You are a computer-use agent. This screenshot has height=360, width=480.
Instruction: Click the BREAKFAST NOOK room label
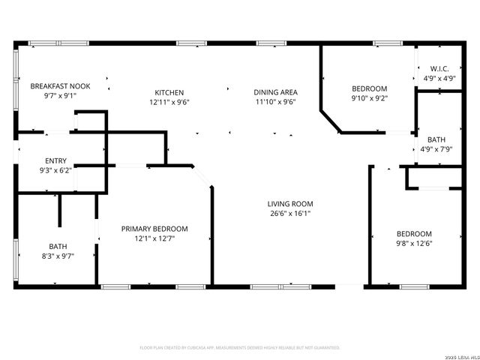(60, 87)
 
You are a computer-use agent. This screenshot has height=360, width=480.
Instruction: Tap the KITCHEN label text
(169, 92)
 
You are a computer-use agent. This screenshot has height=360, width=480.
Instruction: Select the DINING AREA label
(275, 92)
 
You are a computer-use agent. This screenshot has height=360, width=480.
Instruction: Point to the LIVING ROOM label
(290, 203)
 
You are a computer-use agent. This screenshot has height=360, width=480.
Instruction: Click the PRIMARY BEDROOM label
(154, 229)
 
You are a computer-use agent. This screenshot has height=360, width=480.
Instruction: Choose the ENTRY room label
(55, 160)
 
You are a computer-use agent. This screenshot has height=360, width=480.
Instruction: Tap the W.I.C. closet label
(439, 68)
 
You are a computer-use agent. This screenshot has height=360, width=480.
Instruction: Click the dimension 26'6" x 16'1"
(290, 213)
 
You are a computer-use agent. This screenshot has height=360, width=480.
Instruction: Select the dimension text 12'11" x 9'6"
(169, 102)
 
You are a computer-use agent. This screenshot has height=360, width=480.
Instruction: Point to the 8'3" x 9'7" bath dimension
(58, 256)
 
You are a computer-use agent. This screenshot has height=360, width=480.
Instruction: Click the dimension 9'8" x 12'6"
(414, 243)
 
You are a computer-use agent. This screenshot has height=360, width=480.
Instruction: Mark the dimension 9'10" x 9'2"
(370, 97)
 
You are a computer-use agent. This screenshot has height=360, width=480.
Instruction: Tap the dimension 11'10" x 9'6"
(275, 102)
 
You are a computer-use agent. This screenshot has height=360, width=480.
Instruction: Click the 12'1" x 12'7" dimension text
(154, 238)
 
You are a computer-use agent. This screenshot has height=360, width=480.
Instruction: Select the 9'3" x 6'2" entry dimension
(55, 170)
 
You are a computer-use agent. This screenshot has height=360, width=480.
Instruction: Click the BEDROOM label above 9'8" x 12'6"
(414, 233)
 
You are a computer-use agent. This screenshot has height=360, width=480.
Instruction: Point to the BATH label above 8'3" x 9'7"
(58, 246)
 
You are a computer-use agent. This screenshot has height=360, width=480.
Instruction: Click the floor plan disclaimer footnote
(240, 347)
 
